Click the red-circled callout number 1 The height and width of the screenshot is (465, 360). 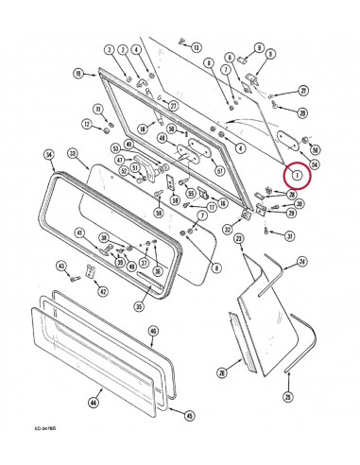click(298, 175)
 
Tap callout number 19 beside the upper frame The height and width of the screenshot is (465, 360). click(79, 72)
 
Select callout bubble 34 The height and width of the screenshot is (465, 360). click(49, 154)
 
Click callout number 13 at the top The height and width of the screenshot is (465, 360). click(196, 46)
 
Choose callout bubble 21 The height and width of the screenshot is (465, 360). click(303, 91)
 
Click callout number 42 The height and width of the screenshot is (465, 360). click(103, 291)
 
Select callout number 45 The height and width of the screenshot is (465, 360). click(188, 414)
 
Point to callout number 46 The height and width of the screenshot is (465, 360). click(153, 331)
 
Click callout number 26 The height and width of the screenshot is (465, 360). click(222, 372)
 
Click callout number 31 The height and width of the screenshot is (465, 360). click(289, 236)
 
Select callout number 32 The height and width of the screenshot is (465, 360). click(228, 229)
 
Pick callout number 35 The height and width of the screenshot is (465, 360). click(138, 305)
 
